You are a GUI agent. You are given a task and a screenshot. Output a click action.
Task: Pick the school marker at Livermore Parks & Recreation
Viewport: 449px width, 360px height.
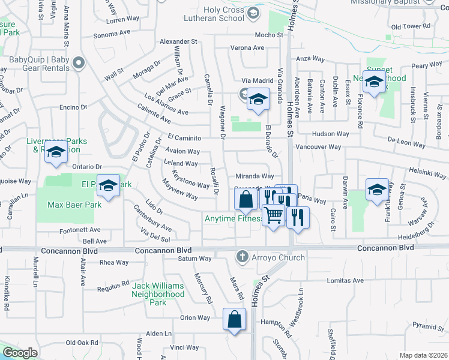pos(56,154)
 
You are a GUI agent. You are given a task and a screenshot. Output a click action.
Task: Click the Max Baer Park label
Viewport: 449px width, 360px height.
pos(74,205)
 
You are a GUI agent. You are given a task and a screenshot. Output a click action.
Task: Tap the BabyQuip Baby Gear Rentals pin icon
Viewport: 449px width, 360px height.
pos(78,62)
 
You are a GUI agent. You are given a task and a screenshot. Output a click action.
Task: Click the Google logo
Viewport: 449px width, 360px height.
pos(20,353)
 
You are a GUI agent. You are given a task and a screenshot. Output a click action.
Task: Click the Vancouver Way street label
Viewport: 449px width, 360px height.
pos(318,147)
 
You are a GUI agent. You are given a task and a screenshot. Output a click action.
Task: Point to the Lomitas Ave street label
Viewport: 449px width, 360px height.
pos(345,280)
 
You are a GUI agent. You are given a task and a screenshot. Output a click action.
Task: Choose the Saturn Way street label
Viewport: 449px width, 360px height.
pos(195,259)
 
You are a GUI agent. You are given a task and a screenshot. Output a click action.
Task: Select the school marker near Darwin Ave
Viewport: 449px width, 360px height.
pos(377,190)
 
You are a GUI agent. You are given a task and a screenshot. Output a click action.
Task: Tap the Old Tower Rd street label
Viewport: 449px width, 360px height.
pos(411,26)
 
